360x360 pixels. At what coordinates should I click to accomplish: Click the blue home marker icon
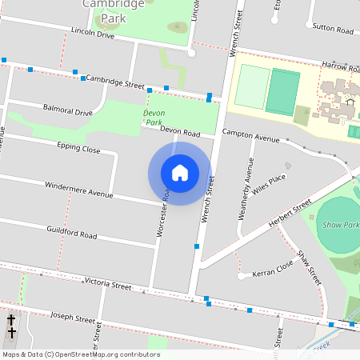180,173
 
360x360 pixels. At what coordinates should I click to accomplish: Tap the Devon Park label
154,118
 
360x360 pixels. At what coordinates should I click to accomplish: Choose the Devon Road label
179,131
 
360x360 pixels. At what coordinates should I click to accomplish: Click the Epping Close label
78,149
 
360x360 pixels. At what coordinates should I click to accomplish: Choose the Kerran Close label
273,270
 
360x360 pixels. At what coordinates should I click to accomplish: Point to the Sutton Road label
333,30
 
